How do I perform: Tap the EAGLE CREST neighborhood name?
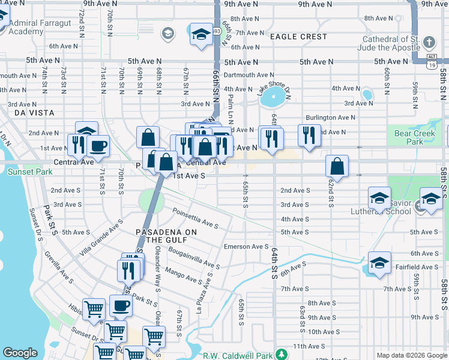point(298,37)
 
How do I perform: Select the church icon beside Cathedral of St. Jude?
point(429,43)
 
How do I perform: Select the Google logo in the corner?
point(20,353)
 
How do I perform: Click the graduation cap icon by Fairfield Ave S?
point(379,263)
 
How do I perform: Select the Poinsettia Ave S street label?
point(195,218)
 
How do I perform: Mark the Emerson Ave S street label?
point(246,246)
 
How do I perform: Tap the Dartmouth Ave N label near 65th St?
point(249,75)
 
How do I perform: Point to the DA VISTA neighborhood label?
point(34,113)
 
